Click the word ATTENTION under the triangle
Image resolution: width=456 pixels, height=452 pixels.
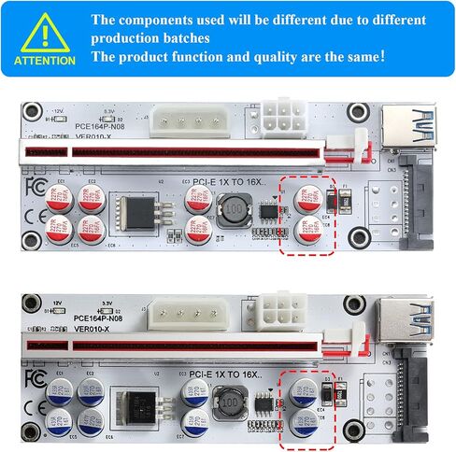pos(44,61)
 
